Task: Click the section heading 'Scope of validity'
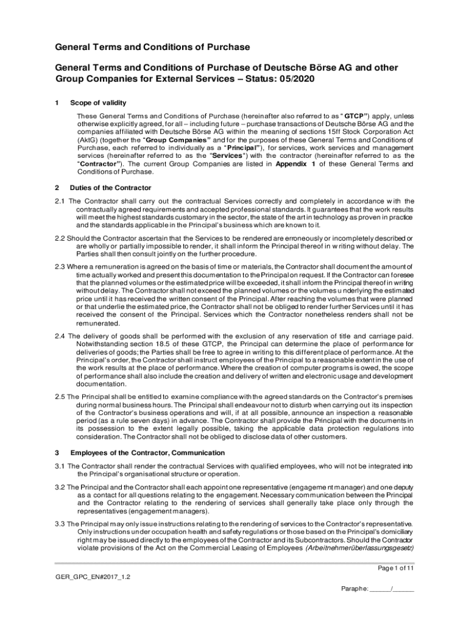(x=98, y=102)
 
